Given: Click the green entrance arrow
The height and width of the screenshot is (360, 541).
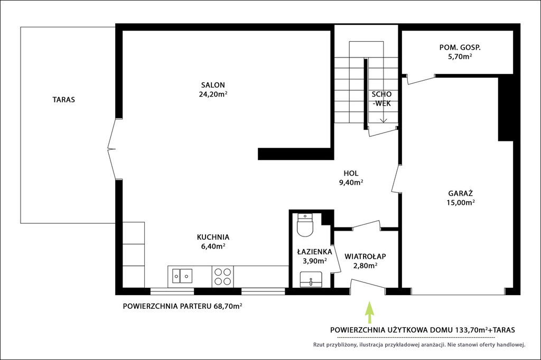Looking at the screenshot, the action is [369, 312].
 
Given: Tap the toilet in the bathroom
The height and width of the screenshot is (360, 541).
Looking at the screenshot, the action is [305, 225].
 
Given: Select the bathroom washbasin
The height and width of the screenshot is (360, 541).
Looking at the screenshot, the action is [311, 279].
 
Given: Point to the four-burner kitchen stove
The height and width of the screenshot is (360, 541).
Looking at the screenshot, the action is [222, 277].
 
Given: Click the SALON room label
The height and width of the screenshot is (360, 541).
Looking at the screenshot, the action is [213, 85].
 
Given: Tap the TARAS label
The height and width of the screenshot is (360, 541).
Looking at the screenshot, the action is [63, 100].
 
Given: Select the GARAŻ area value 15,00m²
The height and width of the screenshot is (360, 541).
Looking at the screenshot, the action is [461, 202].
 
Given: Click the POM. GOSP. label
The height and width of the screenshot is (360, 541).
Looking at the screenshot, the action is [460, 48].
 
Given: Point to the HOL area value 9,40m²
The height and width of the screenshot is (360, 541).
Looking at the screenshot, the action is [351, 183].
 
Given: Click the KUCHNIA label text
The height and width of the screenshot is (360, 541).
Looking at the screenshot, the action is [213, 237].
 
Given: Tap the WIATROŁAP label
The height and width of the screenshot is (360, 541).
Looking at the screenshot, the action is [365, 257].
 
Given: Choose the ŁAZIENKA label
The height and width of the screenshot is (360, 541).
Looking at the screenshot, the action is [315, 252].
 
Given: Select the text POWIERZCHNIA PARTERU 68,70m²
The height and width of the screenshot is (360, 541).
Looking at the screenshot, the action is [182, 306].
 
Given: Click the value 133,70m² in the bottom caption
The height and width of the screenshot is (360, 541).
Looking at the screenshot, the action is [472, 330].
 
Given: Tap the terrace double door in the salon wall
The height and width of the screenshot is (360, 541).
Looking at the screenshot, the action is [112, 149].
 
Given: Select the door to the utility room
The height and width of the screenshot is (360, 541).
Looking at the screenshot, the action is [421, 79].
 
